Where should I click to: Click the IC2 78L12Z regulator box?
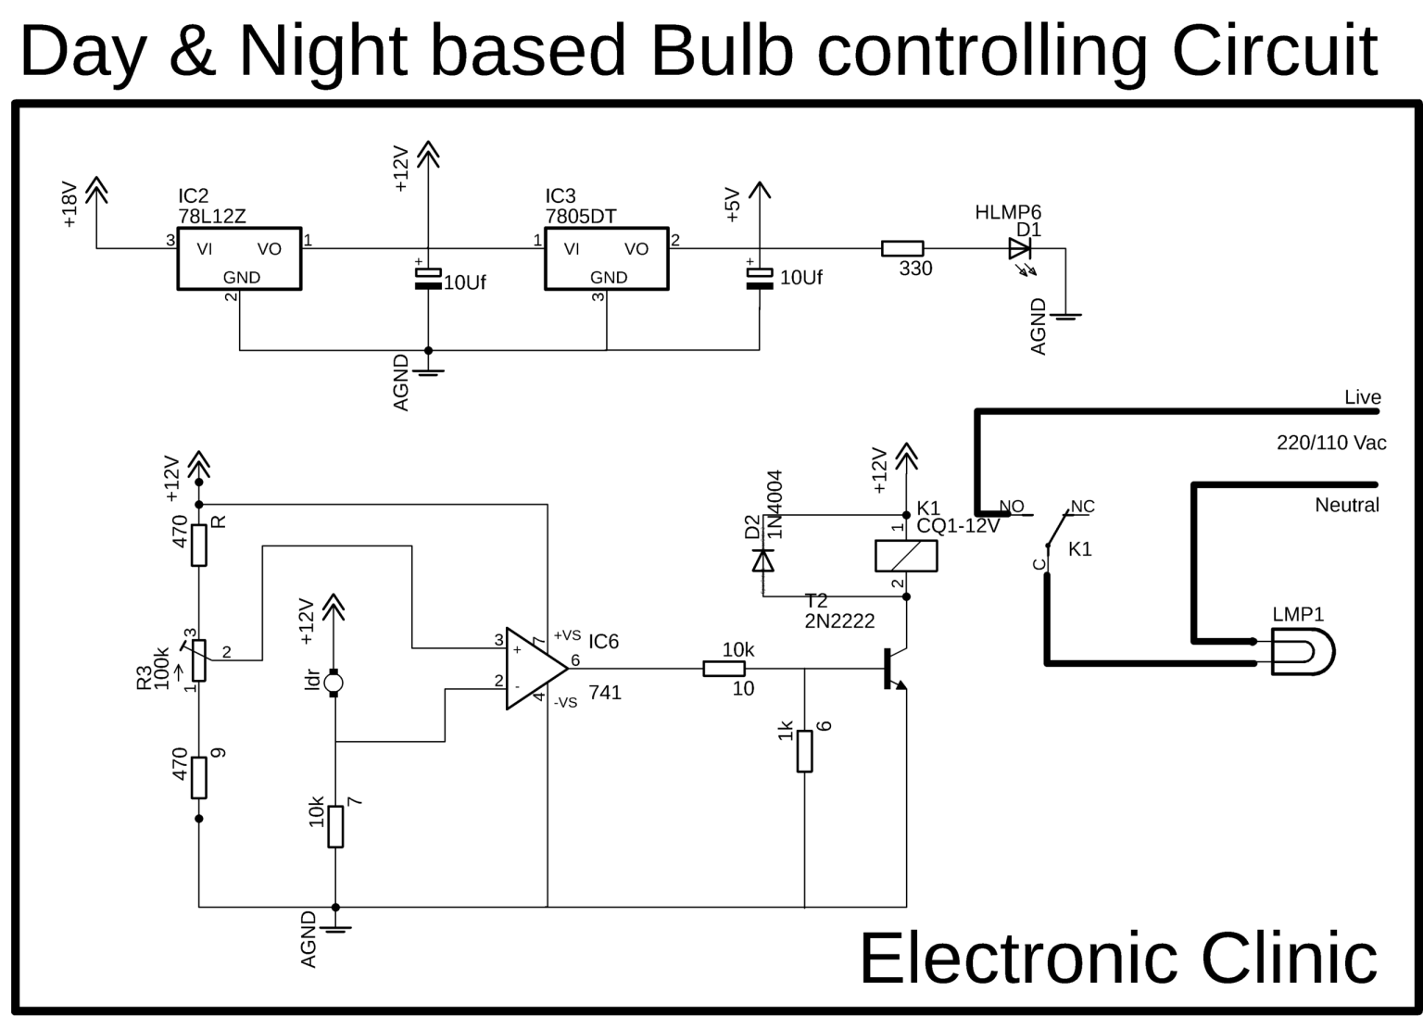239,258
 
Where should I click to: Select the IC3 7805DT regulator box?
606,258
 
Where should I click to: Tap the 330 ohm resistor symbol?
901,248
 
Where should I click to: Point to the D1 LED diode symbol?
1020,248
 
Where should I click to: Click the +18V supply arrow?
96,191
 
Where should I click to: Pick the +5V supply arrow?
759,192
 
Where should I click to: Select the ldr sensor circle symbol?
334,684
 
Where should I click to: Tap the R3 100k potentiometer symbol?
198,659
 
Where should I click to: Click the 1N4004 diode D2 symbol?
762,559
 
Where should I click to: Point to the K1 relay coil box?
906,556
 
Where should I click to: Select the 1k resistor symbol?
804,750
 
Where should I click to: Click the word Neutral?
1347,506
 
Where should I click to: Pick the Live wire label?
1362,397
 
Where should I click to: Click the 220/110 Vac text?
1331,443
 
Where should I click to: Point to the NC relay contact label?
1082,507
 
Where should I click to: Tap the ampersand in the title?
193,52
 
